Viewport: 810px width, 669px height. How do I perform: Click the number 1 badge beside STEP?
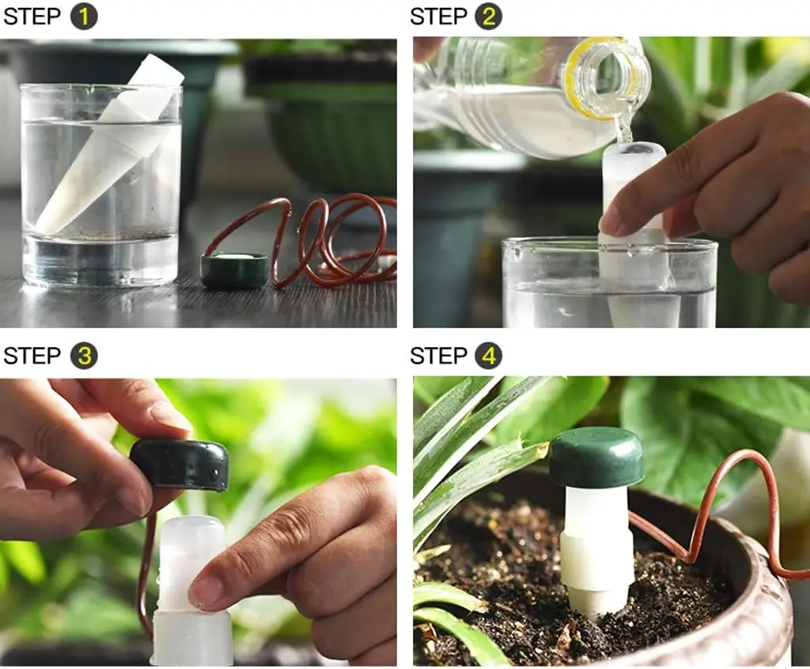point(83,17)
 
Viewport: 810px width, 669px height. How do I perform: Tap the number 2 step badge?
point(488,17)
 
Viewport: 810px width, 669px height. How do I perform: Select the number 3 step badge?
point(83,356)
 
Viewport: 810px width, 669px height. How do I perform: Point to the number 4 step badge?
point(488,356)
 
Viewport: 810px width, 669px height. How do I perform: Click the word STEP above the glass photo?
point(32,17)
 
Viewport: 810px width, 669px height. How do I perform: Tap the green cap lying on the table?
point(233,270)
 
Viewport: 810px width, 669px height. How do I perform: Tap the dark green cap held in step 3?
point(180,464)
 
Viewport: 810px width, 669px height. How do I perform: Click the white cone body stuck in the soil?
point(596,554)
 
